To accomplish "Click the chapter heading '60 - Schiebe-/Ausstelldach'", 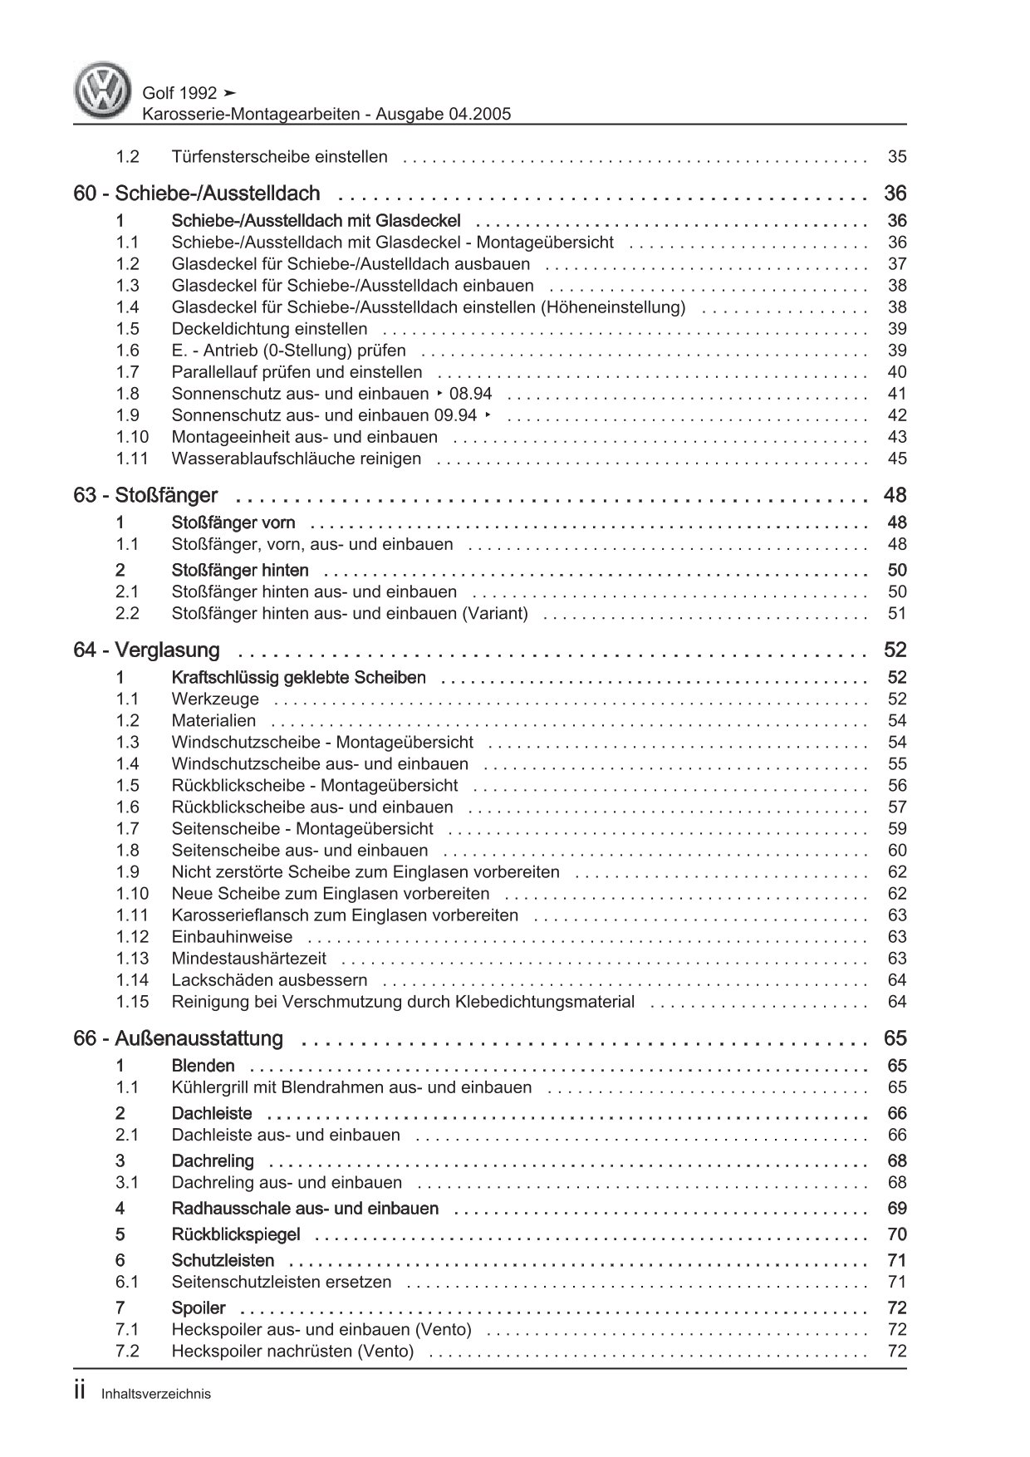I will tap(197, 194).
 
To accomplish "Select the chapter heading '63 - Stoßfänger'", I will tap(145, 496).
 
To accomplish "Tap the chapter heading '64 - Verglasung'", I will tap(146, 650).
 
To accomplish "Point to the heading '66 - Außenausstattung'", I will tap(178, 1039).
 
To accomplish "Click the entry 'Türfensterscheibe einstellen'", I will tap(279, 157).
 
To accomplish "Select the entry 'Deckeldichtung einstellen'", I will tap(269, 329).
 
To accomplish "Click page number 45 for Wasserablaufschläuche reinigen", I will tap(896, 459).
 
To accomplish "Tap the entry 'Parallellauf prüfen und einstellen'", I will tap(297, 372).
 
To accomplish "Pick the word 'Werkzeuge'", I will tap(215, 699).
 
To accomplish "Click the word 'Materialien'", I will tap(213, 721).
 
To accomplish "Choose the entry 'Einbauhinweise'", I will tap(232, 937).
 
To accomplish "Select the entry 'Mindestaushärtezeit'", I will tap(248, 959).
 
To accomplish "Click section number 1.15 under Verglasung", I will tap(132, 1002).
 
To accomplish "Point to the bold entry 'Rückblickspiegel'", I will tap(235, 1235).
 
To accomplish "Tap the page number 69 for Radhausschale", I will tap(896, 1209).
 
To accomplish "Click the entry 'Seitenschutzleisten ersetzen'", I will tap(281, 1282).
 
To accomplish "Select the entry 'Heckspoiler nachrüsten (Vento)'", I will tap(292, 1352).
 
